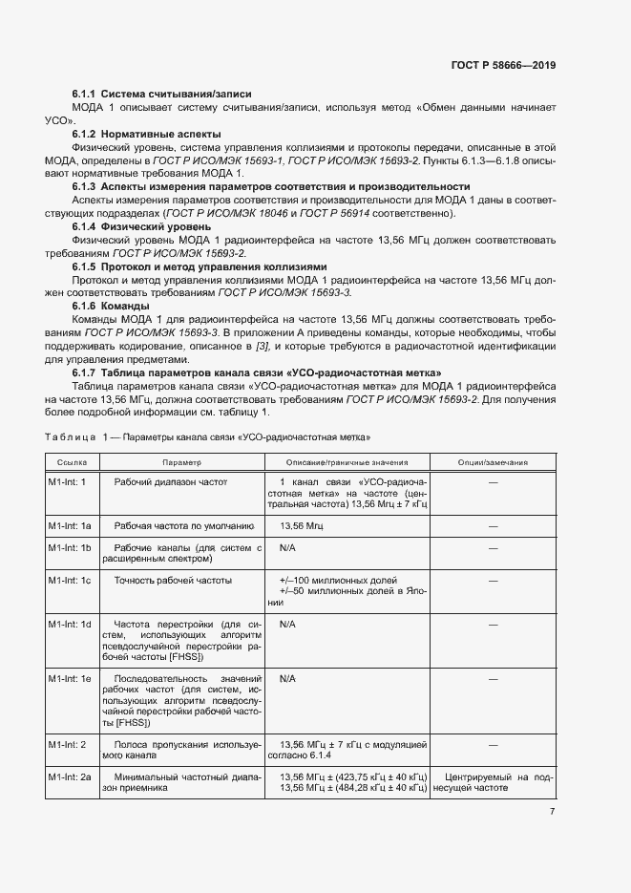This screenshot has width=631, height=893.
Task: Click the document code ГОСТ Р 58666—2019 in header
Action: [x=502, y=66]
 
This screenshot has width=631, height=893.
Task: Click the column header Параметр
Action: [x=181, y=462]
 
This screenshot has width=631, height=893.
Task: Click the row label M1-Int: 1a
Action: [x=70, y=525]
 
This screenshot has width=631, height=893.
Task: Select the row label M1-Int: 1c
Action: [x=70, y=580]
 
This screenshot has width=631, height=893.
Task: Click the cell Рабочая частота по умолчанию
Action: [x=183, y=525]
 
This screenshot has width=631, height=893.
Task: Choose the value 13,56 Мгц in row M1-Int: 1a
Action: [x=302, y=525]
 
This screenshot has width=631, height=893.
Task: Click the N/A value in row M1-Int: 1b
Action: [x=287, y=548]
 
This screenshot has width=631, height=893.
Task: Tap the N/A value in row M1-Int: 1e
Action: [x=287, y=677]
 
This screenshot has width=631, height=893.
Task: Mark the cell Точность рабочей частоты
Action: [x=173, y=580]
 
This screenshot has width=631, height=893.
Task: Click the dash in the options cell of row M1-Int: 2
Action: [x=493, y=743]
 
